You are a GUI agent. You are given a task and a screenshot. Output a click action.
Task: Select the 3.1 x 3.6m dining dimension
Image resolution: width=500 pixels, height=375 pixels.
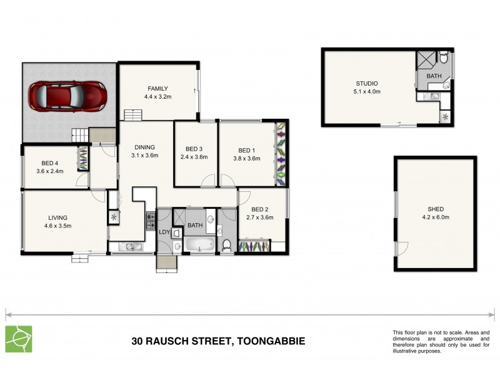(145, 155)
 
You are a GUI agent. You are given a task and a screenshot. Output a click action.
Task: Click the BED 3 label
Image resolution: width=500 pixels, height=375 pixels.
(194, 149)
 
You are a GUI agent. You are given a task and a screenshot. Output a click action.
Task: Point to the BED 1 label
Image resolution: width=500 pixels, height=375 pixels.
(247, 149)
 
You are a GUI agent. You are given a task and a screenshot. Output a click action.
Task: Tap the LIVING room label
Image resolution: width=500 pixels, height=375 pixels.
(57, 217)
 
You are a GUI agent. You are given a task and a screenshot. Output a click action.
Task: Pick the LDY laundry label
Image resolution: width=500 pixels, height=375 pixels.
(164, 232)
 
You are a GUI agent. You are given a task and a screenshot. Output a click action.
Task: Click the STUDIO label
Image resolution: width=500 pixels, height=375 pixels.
(367, 83)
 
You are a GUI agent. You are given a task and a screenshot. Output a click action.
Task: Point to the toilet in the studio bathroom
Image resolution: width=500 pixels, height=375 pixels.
(443, 59)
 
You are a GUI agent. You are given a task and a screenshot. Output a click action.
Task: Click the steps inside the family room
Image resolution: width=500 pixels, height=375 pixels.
(132, 115)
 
